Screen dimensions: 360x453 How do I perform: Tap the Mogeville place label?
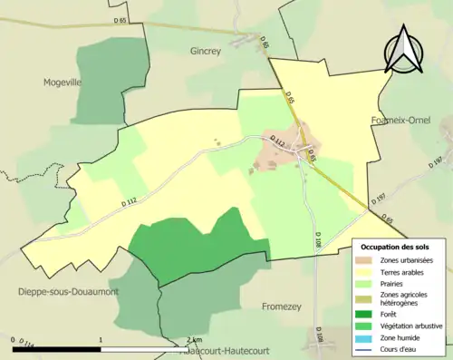(x=63, y=82)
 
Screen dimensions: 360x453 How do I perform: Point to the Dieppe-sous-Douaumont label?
(x=55, y=291)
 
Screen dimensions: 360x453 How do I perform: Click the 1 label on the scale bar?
(x=100, y=339)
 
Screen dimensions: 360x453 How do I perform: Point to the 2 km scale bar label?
(x=192, y=339)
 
